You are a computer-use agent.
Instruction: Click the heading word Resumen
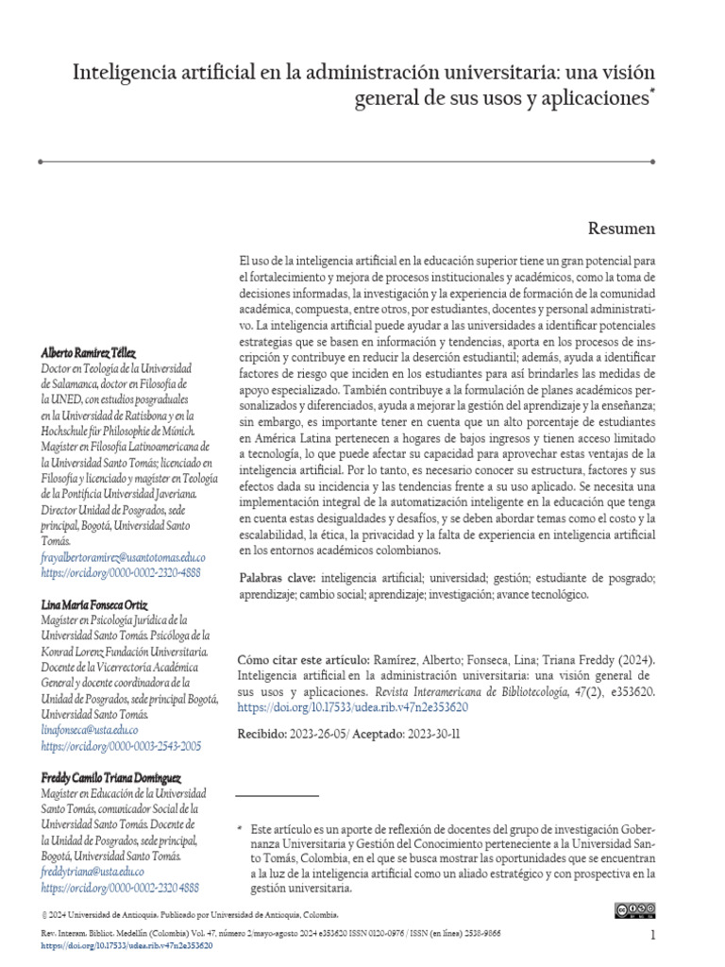pyautogui.click(x=621, y=228)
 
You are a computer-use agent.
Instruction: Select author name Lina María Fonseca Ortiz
pyautogui.click(x=94, y=603)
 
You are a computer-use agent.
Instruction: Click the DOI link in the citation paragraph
pyautogui.click(x=351, y=706)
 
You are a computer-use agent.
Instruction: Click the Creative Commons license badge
pyautogui.click(x=634, y=910)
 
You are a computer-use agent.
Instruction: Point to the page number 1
pyautogui.click(x=652, y=934)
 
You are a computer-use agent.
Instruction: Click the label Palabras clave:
pyautogui.click(x=278, y=577)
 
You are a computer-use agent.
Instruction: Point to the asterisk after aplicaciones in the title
pyautogui.click(x=651, y=93)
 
